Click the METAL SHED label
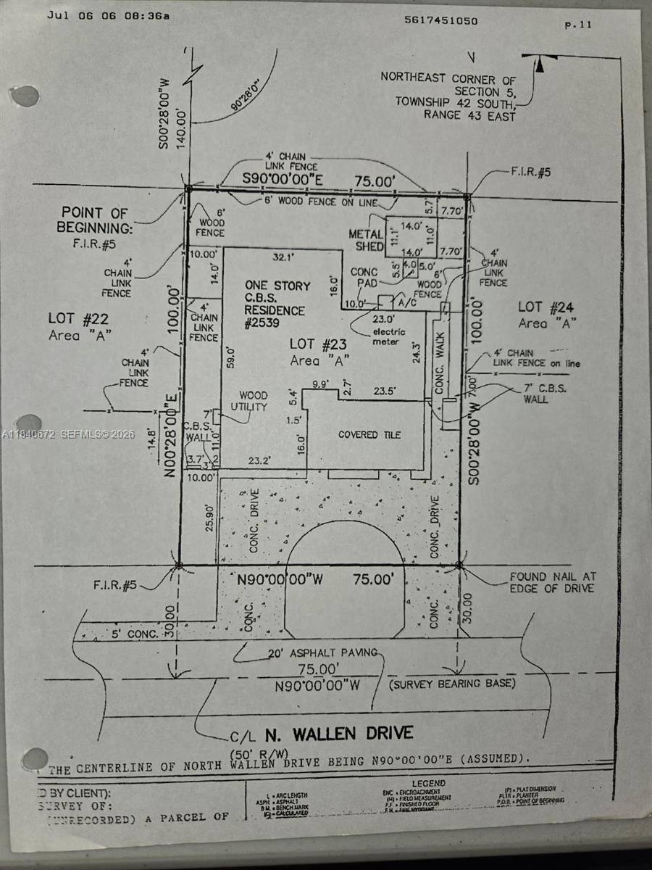pos(367,240)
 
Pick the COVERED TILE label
pos(369,434)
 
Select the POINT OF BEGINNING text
pos(94,220)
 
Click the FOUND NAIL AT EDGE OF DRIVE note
pos(552,582)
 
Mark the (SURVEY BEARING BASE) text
pos(452,684)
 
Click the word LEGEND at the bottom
pos(428,784)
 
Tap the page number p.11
pos(578,24)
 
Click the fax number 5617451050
pos(440,20)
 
